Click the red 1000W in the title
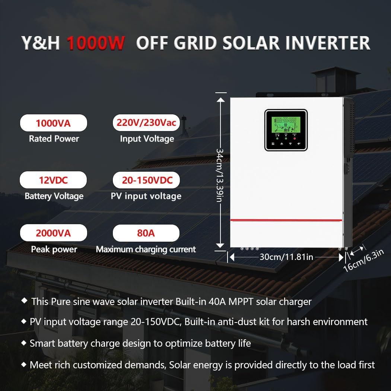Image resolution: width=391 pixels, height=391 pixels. point(96,43)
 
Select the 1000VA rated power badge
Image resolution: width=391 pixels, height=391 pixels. point(53,123)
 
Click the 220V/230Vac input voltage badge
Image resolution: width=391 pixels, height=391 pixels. point(146,123)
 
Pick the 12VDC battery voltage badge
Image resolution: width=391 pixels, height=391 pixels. point(53,180)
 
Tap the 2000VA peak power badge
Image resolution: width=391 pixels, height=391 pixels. point(53,233)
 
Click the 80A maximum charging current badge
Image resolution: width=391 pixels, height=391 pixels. point(146,233)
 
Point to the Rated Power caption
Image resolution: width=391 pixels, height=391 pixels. point(54,139)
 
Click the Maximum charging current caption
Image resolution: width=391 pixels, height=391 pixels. point(146,249)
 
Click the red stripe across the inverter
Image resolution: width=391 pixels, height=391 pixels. point(286,220)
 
